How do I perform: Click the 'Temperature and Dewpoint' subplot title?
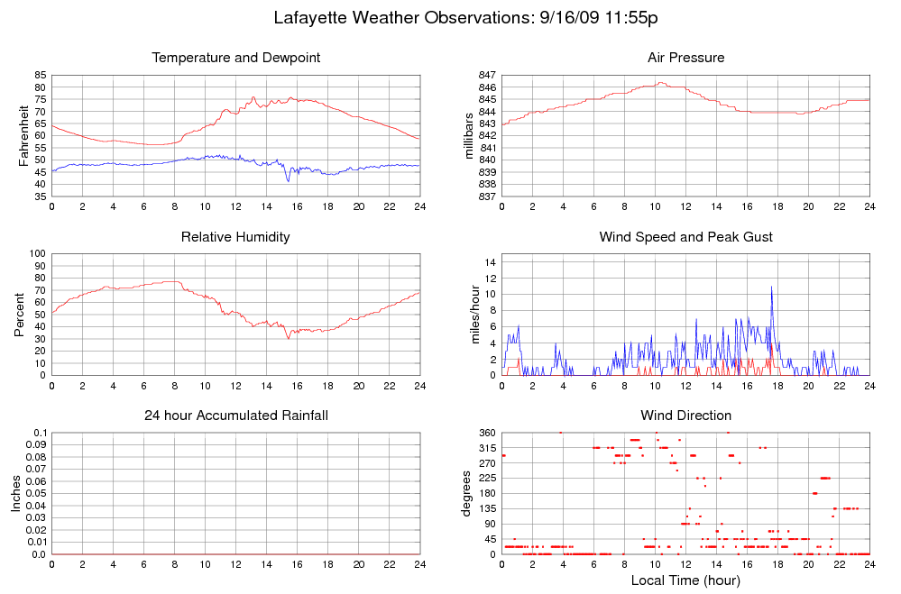point(236,58)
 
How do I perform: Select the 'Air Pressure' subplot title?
point(685,58)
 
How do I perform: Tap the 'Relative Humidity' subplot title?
point(236,237)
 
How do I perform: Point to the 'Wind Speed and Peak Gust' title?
point(685,237)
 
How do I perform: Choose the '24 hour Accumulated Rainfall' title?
point(236,416)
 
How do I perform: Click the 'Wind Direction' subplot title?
point(685,416)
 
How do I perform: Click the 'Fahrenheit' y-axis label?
point(23,135)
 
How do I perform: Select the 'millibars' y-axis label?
point(469,135)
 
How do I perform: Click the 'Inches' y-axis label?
point(15,493)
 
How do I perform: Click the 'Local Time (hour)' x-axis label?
point(685,580)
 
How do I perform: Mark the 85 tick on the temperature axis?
point(40,75)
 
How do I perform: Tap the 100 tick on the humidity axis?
point(37,253)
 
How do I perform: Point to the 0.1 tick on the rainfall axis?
point(39,433)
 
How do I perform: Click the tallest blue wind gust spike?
point(771,288)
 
